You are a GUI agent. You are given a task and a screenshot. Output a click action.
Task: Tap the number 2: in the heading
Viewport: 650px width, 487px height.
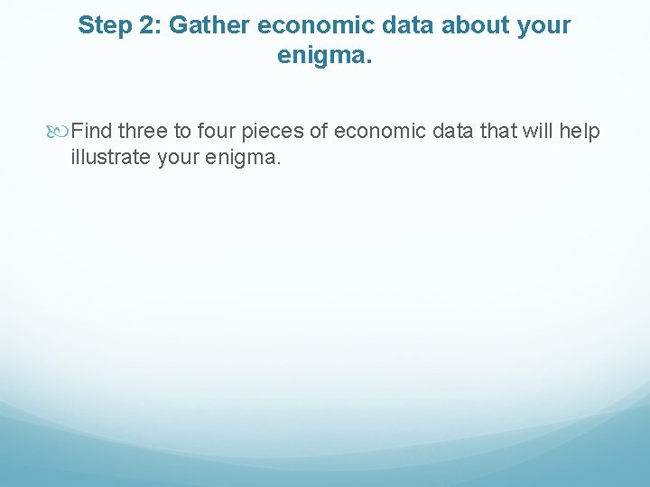coord(147,25)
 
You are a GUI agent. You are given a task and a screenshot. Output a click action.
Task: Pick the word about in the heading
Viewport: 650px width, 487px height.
coord(459,25)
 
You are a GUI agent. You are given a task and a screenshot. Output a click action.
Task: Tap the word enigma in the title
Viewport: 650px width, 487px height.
coord(323,56)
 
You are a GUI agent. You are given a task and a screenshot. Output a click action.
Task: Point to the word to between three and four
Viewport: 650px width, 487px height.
coord(182,132)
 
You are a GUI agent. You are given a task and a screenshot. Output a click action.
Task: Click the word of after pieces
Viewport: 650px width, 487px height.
coord(319,132)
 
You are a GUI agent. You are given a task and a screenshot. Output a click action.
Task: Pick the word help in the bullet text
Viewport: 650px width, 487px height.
coord(580,132)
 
